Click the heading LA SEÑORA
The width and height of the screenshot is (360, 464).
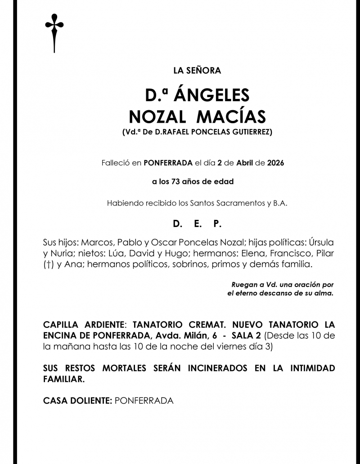pos(197,70)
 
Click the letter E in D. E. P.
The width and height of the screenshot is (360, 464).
pos(197,223)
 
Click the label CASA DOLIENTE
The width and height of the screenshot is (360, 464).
pos(77,401)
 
